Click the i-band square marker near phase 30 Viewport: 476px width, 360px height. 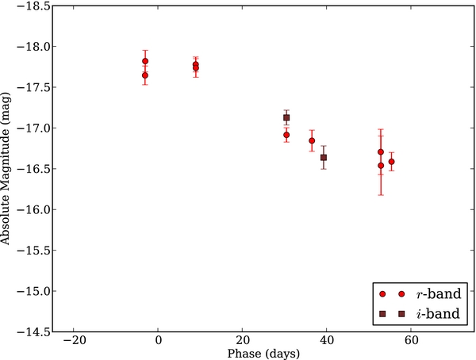click(286, 118)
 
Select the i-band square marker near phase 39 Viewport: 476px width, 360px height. click(324, 158)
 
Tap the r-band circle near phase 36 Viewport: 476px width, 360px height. click(312, 141)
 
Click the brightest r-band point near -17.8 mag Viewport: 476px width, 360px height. click(145, 61)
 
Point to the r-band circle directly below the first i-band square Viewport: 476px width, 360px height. click(286, 135)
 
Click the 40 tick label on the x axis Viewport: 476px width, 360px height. click(327, 341)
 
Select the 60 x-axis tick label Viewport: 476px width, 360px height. click(411, 341)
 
